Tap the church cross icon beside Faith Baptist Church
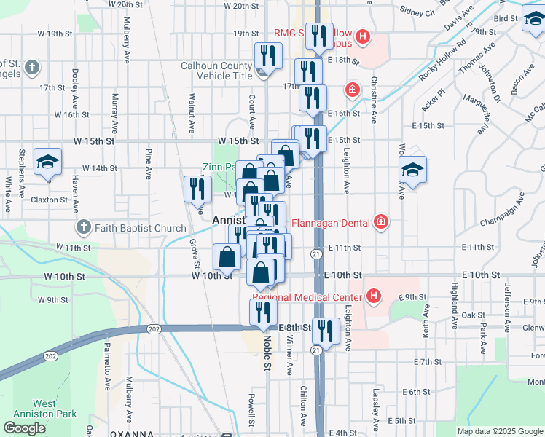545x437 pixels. tap(83, 228)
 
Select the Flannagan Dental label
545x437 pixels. tap(332, 222)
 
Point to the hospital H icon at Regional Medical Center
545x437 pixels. tap(374, 296)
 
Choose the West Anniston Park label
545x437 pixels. tap(44, 409)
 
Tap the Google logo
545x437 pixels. tap(24, 428)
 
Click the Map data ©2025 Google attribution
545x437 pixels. tap(499, 431)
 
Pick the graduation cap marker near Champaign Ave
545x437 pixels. tap(412, 171)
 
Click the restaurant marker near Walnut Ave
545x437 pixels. tap(197, 189)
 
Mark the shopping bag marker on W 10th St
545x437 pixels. tap(227, 256)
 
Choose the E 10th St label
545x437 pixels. tap(343, 275)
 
